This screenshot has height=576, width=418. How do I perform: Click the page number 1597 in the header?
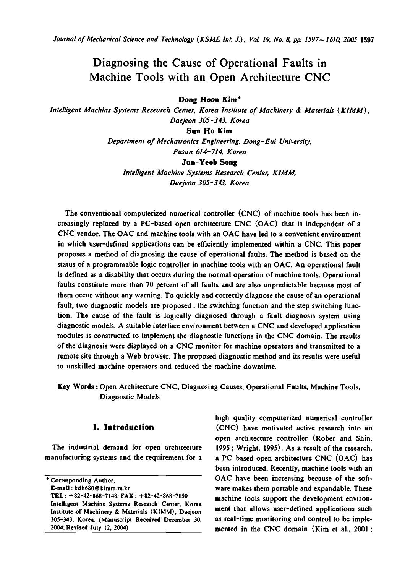tap(367, 39)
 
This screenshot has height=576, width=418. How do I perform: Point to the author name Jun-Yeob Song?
tap(209, 162)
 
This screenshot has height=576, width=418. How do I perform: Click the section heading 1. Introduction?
tap(123, 427)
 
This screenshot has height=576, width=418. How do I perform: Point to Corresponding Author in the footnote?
tap(80, 480)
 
